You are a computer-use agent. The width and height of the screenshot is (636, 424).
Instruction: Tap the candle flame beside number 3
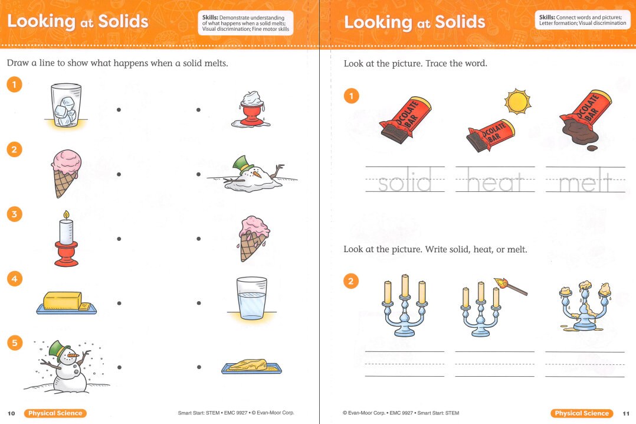point(66,215)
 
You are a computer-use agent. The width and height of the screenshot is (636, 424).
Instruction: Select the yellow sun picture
point(517,102)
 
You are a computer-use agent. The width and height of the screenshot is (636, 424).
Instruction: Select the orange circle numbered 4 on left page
point(14,278)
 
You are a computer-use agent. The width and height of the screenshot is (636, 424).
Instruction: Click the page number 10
point(11,413)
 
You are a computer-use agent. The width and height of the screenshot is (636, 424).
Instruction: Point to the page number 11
point(625,413)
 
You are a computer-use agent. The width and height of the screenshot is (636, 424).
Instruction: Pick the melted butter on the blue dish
point(251,366)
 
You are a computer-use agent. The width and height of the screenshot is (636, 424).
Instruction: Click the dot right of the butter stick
point(119,303)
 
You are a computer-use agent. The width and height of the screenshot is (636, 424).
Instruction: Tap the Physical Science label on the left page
point(55,413)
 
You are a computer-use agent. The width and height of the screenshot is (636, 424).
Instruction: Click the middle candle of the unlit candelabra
point(405,286)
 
